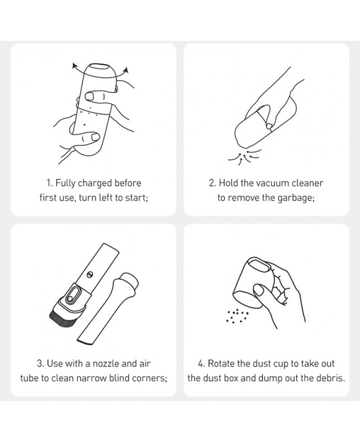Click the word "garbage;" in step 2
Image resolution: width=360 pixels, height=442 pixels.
tap(296, 198)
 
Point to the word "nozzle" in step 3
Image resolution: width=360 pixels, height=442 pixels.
tap(105, 364)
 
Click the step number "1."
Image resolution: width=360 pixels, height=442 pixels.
tap(50, 183)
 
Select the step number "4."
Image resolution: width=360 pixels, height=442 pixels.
tap(202, 364)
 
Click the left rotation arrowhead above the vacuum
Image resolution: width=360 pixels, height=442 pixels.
tap(75, 66)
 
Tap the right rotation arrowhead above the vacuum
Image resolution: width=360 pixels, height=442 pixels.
tap(126, 70)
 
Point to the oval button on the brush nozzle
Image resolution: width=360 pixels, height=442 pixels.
tap(71, 296)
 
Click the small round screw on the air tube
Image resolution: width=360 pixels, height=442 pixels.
tap(89, 274)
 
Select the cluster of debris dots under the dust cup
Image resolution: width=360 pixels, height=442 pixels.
tap(237, 315)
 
